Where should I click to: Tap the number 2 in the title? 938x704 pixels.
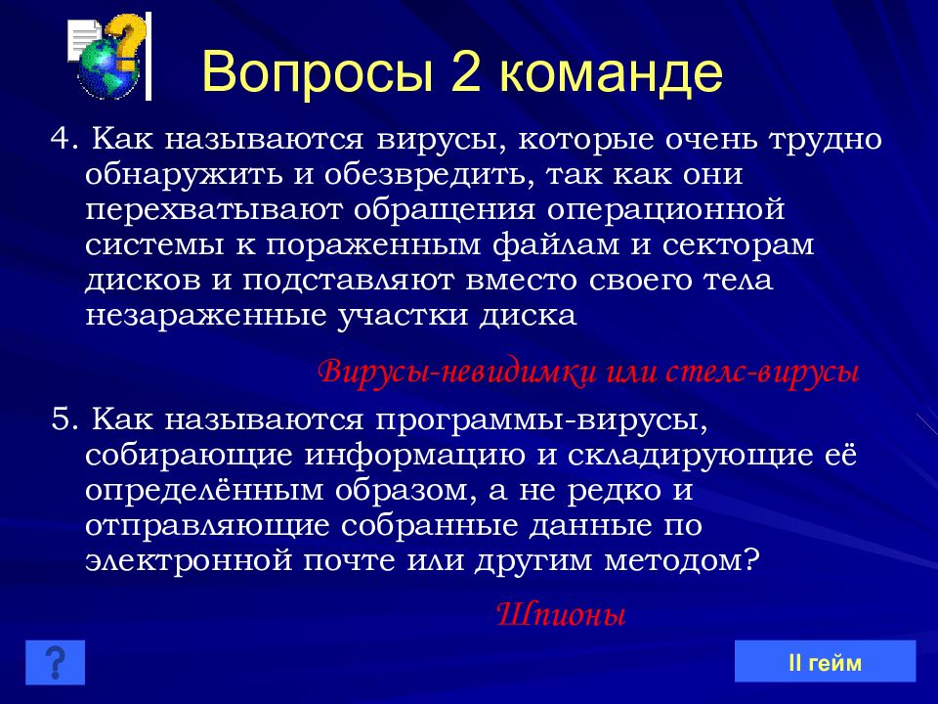(467, 71)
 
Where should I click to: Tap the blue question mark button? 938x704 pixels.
(55, 662)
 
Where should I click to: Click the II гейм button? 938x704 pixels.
(825, 662)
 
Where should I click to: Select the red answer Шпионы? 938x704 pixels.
(561, 614)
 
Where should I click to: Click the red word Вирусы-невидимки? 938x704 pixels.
(457, 372)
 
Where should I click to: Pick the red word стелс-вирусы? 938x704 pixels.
(762, 372)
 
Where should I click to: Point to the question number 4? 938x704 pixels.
(64, 139)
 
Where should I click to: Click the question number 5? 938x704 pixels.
(64, 419)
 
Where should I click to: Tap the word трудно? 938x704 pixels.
(826, 140)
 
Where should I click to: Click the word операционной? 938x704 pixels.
(665, 210)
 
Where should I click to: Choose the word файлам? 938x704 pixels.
(555, 245)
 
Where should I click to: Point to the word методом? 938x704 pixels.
(682, 561)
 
